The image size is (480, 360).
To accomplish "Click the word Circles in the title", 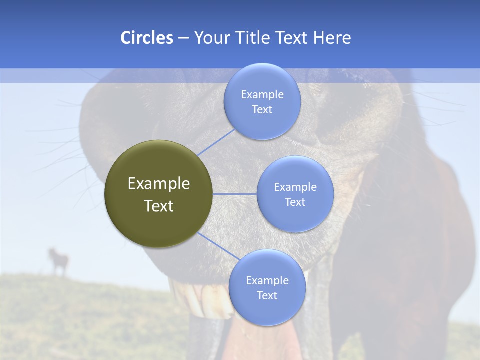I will coord(146,38).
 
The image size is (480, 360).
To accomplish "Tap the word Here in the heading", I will coord(332,38).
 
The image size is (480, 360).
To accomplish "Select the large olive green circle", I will coord(158,194).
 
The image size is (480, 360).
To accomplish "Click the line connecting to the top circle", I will coord(216,142).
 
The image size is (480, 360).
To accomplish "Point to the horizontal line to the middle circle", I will coord(235,194).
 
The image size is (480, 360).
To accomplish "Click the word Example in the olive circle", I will coord(158,184).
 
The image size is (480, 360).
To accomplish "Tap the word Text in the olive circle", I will coord(158,206).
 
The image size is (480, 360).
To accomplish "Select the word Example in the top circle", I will coord(262,95).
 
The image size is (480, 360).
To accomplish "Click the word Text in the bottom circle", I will coord(267,295).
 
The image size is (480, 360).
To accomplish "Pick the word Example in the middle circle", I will coord(295,187).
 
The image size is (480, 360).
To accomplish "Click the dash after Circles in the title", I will coord(183,38).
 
